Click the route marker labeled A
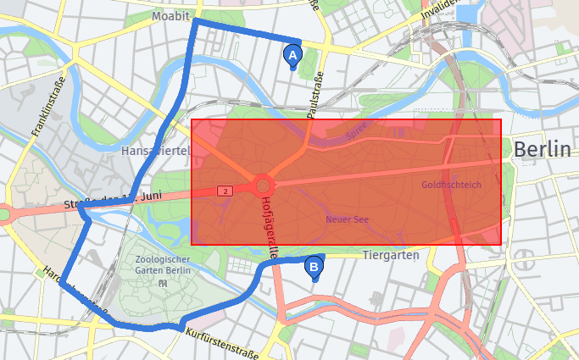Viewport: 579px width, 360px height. point(292,55)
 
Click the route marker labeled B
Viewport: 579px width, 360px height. point(314,268)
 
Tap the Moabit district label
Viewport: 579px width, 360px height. point(170,16)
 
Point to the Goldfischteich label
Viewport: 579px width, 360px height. point(451,184)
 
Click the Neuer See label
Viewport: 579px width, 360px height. point(348,219)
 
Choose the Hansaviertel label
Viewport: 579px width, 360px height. point(154,150)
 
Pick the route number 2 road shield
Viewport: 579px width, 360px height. point(225,191)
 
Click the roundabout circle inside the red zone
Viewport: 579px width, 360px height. point(263,185)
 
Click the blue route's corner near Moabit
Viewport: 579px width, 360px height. point(196,21)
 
